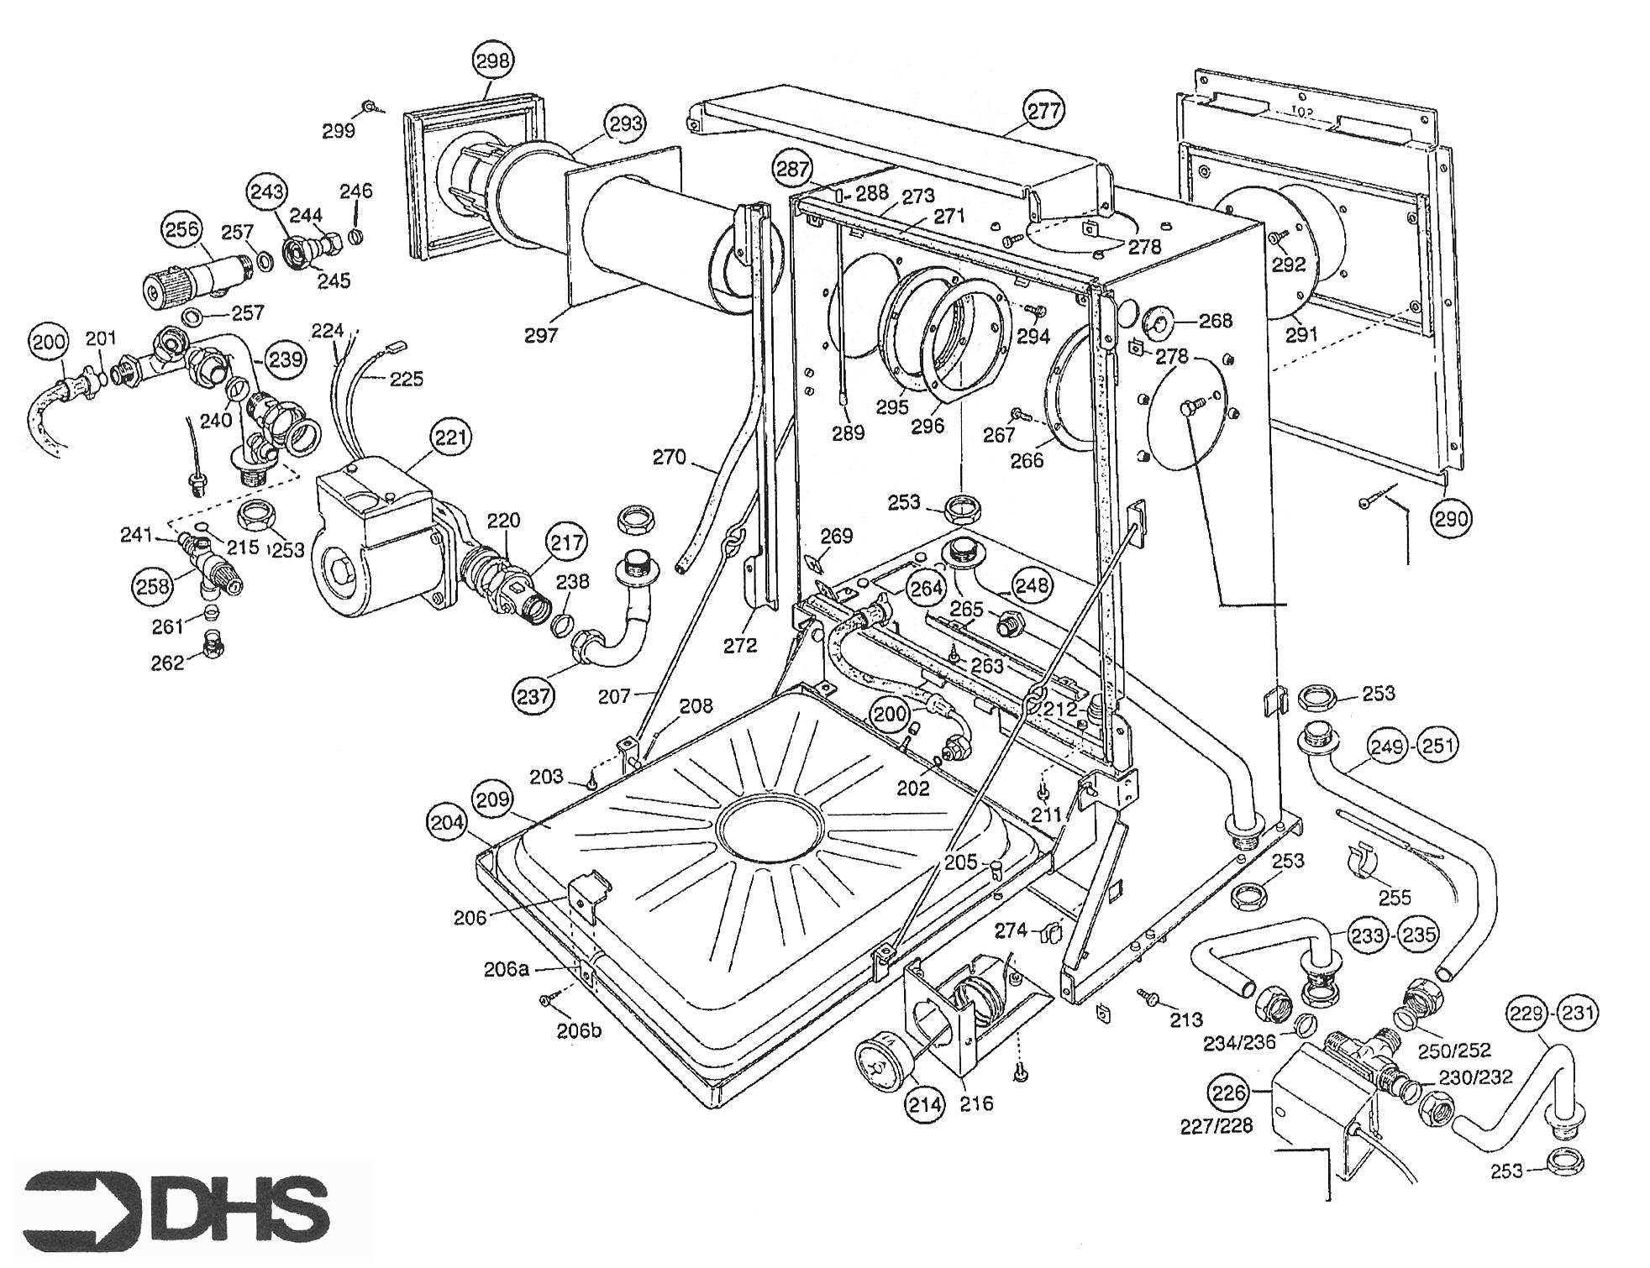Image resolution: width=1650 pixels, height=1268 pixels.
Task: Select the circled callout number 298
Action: [492, 60]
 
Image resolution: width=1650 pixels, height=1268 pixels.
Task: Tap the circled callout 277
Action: [1044, 110]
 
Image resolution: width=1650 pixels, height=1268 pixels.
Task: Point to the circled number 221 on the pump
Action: [451, 437]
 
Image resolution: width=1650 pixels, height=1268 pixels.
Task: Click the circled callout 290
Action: [1453, 519]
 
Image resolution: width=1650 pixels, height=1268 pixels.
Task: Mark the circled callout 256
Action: [182, 229]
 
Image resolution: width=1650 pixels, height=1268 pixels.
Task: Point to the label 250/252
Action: [1453, 1050]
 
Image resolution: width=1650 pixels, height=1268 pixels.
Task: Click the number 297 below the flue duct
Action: [541, 335]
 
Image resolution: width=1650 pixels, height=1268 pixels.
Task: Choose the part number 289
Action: [847, 433]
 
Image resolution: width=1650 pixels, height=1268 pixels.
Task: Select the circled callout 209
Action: [492, 799]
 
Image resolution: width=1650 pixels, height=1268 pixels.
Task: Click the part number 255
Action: [1395, 898]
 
